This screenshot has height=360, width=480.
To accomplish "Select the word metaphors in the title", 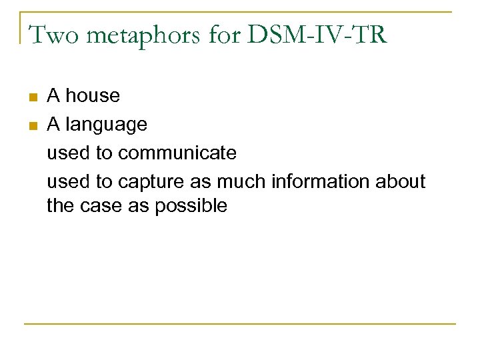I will click(x=137, y=34).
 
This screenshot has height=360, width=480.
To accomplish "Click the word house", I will click(x=93, y=96).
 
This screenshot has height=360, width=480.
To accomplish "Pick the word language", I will click(x=107, y=125).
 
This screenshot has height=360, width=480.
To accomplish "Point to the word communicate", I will click(x=177, y=153).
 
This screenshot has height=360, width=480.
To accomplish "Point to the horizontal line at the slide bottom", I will click(x=240, y=324).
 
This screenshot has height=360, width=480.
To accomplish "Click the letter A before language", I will click(x=53, y=125).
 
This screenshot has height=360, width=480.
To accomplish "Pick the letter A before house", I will click(x=53, y=96).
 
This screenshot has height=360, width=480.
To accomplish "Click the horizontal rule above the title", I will click(x=240, y=12).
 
